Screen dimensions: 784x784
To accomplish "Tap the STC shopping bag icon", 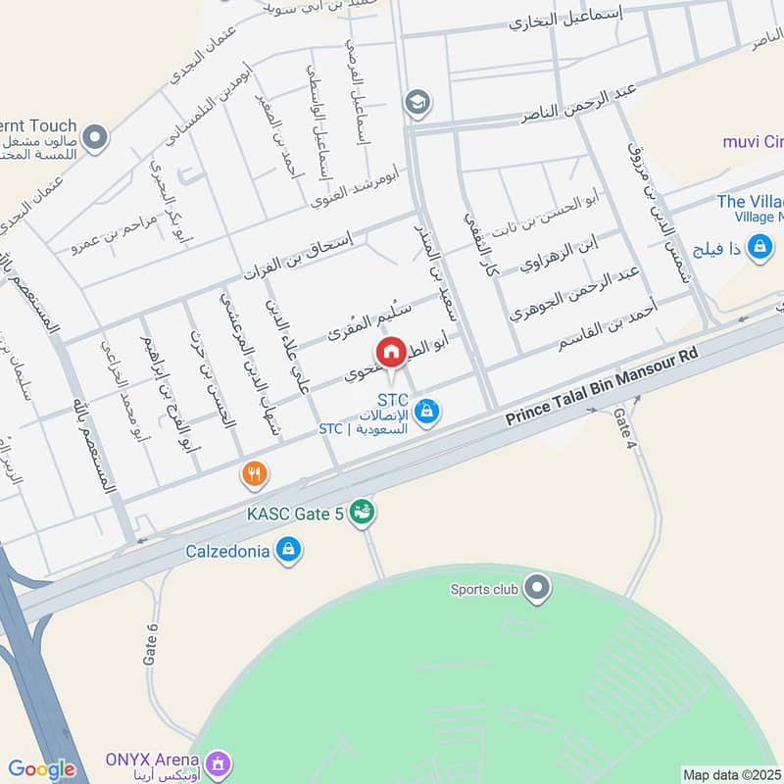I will pyautogui.click(x=425, y=413).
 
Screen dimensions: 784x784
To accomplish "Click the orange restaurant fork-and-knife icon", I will pyautogui.click(x=255, y=475).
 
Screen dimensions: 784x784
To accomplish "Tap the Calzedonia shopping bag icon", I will pyautogui.click(x=287, y=551).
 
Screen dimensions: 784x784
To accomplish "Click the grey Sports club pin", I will pyautogui.click(x=536, y=589).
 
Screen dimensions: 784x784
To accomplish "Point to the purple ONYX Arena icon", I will pyautogui.click(x=218, y=761).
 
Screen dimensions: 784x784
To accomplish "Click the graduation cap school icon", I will pyautogui.click(x=418, y=102).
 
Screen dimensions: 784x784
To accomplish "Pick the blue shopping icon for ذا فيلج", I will pyautogui.click(x=759, y=249).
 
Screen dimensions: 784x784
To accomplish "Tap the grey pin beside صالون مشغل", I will pyautogui.click(x=95, y=137).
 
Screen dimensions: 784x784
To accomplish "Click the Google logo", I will pyautogui.click(x=41, y=769).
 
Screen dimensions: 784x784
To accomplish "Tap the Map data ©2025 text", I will pyautogui.click(x=732, y=774).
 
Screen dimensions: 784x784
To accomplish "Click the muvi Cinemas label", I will pyautogui.click(x=753, y=142).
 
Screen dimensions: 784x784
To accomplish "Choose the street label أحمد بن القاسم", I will pyautogui.click(x=608, y=326).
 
